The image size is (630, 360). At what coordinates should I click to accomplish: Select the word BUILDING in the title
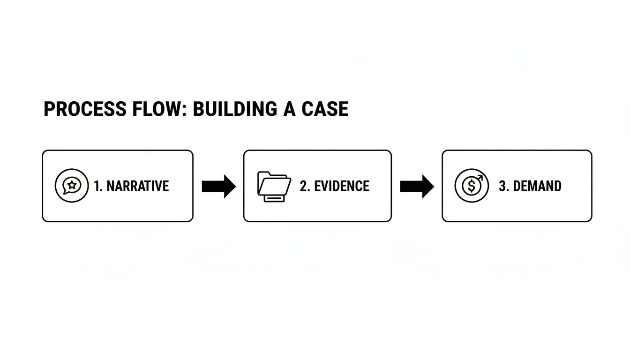tap(234, 109)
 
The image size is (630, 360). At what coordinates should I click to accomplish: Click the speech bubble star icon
tap(71, 186)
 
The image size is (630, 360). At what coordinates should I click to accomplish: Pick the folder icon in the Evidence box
tap(274, 186)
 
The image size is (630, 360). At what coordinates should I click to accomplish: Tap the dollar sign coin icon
tap(471, 186)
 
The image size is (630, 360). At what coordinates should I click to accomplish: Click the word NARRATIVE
tap(137, 186)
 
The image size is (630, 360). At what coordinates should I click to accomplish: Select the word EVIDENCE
tap(341, 186)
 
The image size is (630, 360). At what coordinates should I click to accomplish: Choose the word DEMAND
tap(537, 186)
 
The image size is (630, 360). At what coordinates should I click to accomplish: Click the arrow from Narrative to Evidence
tap(218, 186)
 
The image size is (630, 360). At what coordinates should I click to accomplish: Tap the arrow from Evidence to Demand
tap(417, 186)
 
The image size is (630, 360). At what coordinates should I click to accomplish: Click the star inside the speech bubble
tap(71, 185)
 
